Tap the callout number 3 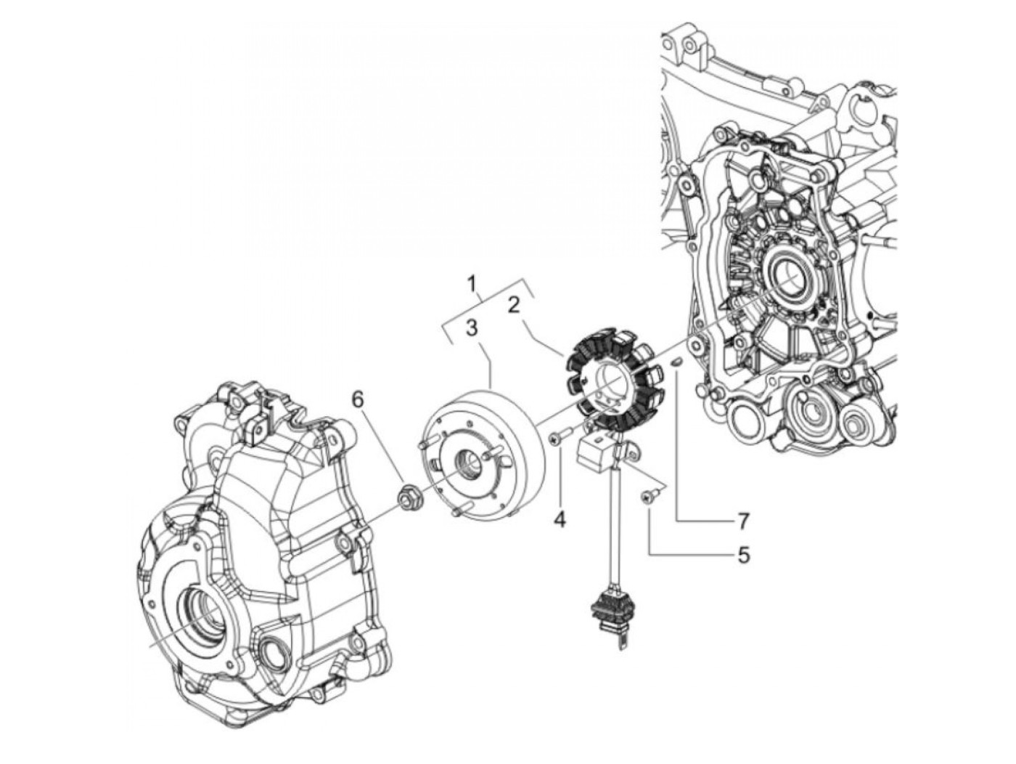tap(472, 328)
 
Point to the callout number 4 tap(559, 520)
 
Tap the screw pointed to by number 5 tap(645, 496)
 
